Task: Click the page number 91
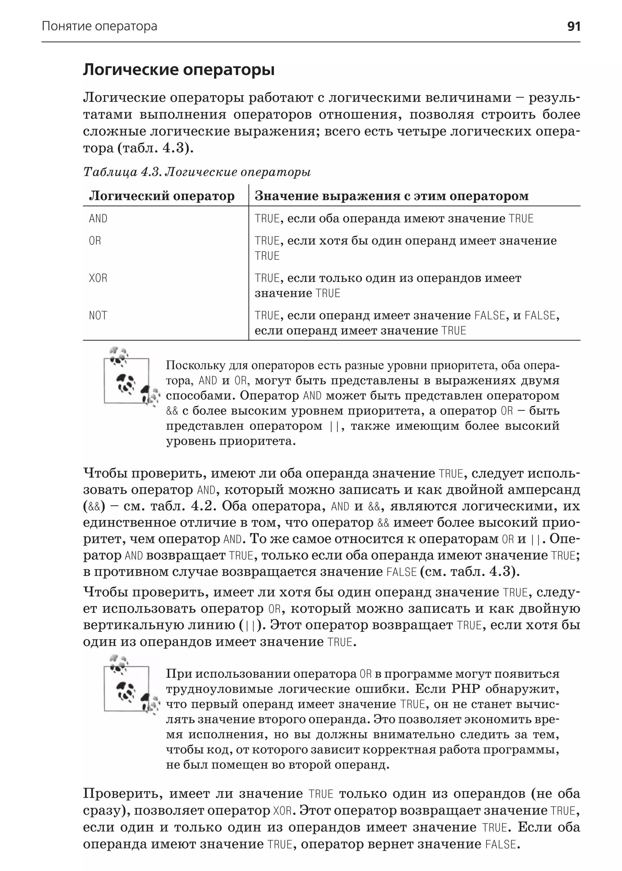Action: coord(573,26)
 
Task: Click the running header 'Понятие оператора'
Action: coord(99,26)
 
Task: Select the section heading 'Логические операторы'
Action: coord(179,70)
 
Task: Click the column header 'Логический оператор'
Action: coord(162,196)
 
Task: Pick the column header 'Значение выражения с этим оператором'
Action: coord(391,196)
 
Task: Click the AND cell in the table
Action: coord(98,219)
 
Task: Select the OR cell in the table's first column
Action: coord(95,241)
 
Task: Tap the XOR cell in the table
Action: coord(98,278)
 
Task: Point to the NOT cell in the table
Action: coord(98,316)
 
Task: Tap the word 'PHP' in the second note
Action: coord(465,689)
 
